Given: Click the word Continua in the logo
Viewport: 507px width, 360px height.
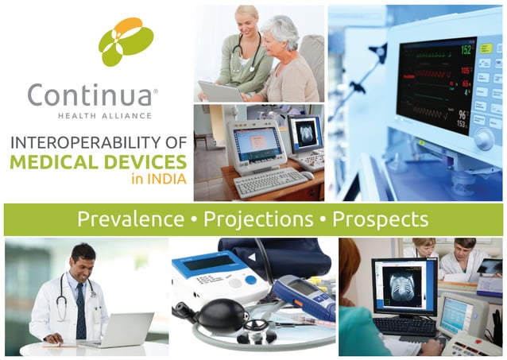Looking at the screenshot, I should pos(89,95).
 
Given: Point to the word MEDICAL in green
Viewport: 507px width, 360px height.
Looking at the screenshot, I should pos(56,162).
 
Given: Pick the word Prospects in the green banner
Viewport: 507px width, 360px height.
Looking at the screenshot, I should pos(380,219).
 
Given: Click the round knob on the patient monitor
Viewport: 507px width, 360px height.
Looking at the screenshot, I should pos(482,139).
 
